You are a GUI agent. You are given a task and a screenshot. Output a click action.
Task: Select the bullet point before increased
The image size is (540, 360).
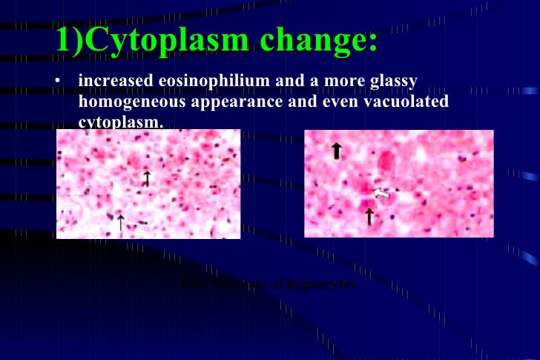click(x=59, y=81)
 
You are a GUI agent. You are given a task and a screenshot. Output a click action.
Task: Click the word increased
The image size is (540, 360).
click(x=112, y=81)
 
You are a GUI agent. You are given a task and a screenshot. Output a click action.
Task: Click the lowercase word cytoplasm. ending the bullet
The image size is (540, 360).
click(x=119, y=121)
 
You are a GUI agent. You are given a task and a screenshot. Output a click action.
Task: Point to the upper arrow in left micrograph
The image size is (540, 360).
click(x=147, y=178)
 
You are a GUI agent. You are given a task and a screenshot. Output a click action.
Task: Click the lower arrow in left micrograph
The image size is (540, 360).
click(x=121, y=221)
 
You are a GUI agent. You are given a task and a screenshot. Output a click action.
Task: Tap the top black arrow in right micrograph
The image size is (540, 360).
click(x=336, y=151)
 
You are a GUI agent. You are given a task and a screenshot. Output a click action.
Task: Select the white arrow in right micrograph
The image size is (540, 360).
click(x=381, y=193)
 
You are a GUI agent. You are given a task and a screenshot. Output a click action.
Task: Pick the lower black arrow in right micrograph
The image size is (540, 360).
click(x=369, y=216)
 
